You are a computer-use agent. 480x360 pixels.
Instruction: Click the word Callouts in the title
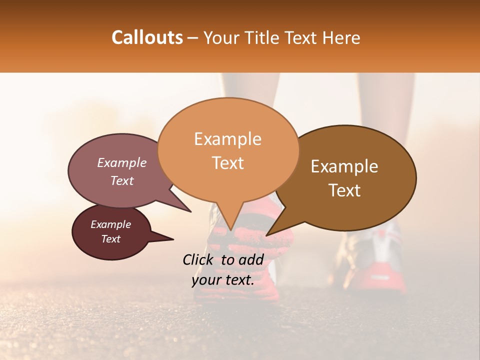click(147, 37)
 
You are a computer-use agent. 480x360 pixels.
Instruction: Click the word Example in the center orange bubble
click(227, 139)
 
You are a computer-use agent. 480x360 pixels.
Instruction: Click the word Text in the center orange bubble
click(228, 163)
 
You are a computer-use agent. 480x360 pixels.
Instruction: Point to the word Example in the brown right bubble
click(344, 166)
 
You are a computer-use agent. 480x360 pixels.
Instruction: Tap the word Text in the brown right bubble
click(344, 190)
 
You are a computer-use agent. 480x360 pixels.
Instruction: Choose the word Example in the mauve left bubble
click(122, 163)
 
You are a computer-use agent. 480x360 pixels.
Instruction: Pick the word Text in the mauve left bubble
click(122, 180)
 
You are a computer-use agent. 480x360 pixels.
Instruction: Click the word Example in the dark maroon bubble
click(110, 224)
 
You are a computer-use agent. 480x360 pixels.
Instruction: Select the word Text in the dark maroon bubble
click(110, 239)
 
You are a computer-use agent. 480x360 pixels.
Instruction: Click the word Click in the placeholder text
click(199, 259)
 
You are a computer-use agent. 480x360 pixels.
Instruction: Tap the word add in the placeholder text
click(251, 259)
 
